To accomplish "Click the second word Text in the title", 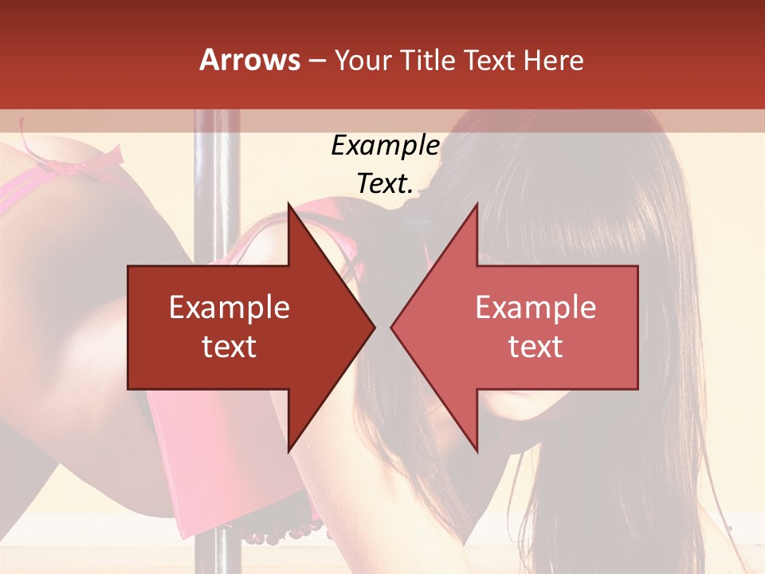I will (x=489, y=60).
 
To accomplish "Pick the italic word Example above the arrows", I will (x=385, y=146).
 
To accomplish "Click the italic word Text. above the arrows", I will (x=385, y=184).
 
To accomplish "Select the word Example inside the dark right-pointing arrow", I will (x=229, y=307).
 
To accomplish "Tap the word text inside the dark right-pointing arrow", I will (x=229, y=347).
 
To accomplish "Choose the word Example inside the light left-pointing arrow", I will (x=535, y=307).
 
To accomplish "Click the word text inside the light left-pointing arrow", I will (x=535, y=347).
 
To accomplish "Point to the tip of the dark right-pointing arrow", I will (x=373, y=327).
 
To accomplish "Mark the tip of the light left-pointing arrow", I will (x=392, y=327).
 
